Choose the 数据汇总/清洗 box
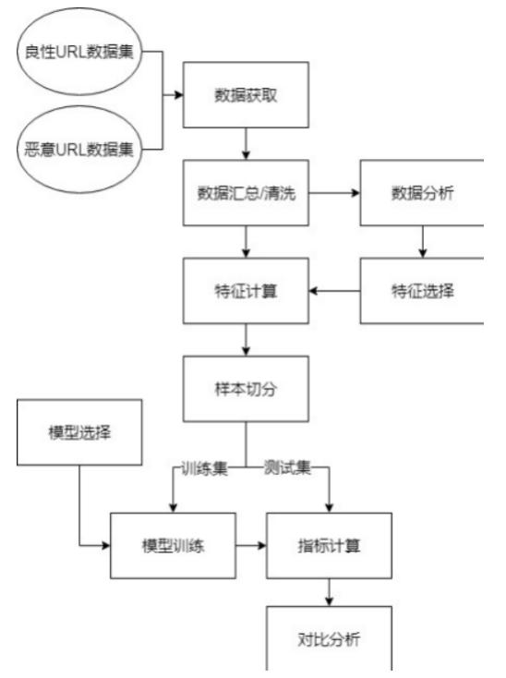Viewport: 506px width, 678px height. click(x=245, y=195)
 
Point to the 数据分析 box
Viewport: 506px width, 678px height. click(x=422, y=195)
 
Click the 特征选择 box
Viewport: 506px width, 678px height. click(x=422, y=291)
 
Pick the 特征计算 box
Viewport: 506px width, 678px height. click(x=245, y=291)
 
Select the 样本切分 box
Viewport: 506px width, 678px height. click(x=245, y=389)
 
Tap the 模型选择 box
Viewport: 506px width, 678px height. click(x=79, y=431)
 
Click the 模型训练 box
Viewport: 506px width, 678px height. click(x=172, y=545)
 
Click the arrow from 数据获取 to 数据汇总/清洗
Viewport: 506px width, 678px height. click(x=246, y=144)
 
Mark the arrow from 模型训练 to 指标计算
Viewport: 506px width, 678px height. click(x=249, y=546)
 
